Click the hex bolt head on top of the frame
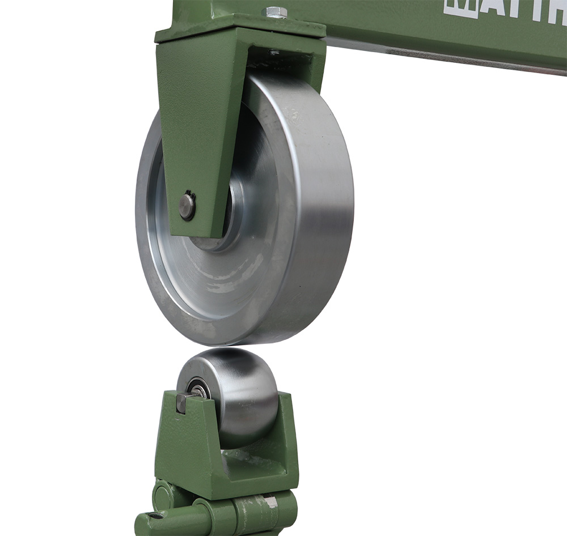tap(276, 12)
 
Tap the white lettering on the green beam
tap(505, 8)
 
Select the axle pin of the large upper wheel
tap(187, 205)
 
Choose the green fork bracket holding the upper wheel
tap(193, 130)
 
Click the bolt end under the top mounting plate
tap(274, 53)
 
